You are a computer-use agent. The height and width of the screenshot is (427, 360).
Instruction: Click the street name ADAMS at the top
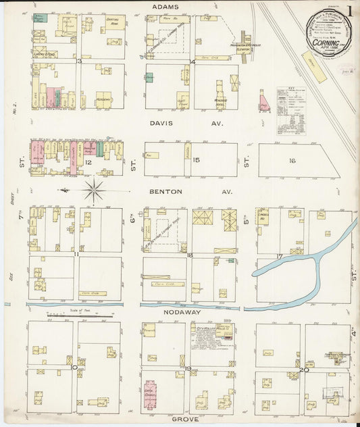pyautogui.click(x=165, y=6)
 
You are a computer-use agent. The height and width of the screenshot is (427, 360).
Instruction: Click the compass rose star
pyautogui.click(x=94, y=190)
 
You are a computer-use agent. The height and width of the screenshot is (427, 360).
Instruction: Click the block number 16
pyautogui.click(x=292, y=161)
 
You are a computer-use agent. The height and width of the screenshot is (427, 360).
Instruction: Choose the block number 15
pyautogui.click(x=196, y=160)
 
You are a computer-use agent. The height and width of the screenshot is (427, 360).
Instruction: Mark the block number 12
pyautogui.click(x=88, y=162)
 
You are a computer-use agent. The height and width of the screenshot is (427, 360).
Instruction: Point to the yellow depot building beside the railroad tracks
pyautogui.click(x=314, y=68)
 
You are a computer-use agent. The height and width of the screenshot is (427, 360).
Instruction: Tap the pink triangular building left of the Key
pyautogui.click(x=263, y=102)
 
